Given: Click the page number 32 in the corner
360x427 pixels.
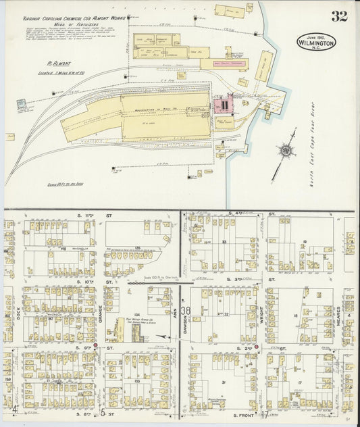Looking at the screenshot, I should [339, 16].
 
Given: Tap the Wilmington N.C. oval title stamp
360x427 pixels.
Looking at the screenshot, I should [315, 42].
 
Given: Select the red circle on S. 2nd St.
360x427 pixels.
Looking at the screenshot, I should [257, 347].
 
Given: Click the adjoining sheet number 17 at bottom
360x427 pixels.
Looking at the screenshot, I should [266, 413].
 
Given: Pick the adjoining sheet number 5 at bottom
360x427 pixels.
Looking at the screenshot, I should [102, 412].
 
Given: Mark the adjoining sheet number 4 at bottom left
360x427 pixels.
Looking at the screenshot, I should [14, 409].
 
